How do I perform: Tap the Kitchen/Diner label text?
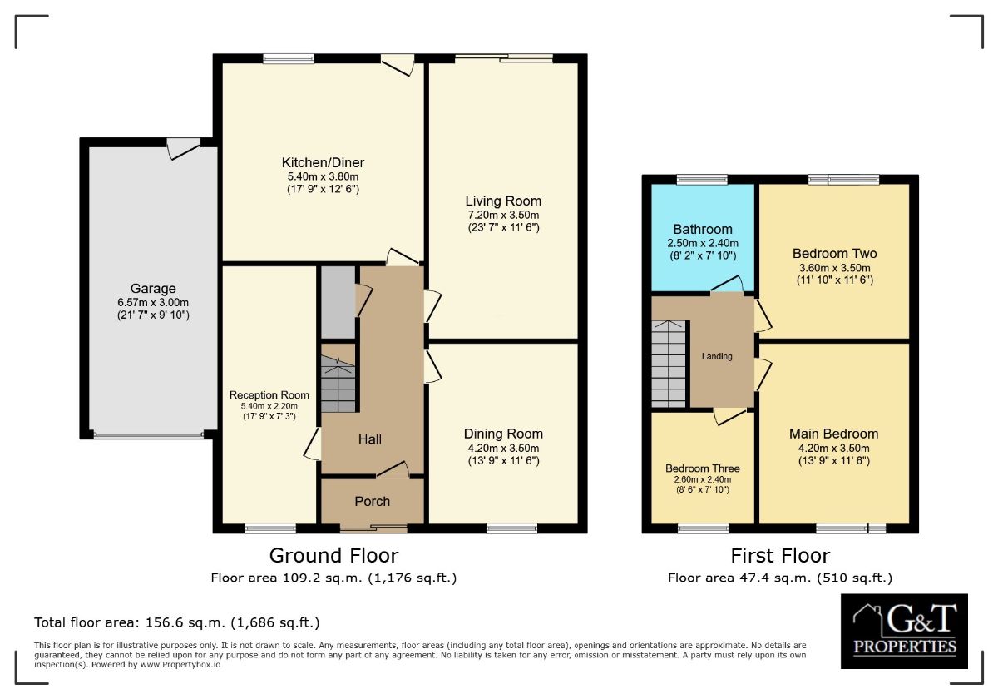[323, 162]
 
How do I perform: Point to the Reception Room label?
[269, 395]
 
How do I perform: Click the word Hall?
[370, 439]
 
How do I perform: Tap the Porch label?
[372, 501]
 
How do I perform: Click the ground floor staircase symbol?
[338, 384]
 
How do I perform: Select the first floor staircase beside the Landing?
[669, 364]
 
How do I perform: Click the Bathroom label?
[703, 229]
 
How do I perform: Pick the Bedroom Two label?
[834, 254]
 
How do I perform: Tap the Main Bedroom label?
[833, 434]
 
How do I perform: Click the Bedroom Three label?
[702, 468]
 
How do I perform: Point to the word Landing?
[717, 356]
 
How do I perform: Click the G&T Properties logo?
[904, 631]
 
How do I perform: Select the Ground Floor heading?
[333, 555]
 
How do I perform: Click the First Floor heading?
[780, 555]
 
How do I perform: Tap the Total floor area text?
[176, 622]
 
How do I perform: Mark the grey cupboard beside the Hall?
[338, 301]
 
